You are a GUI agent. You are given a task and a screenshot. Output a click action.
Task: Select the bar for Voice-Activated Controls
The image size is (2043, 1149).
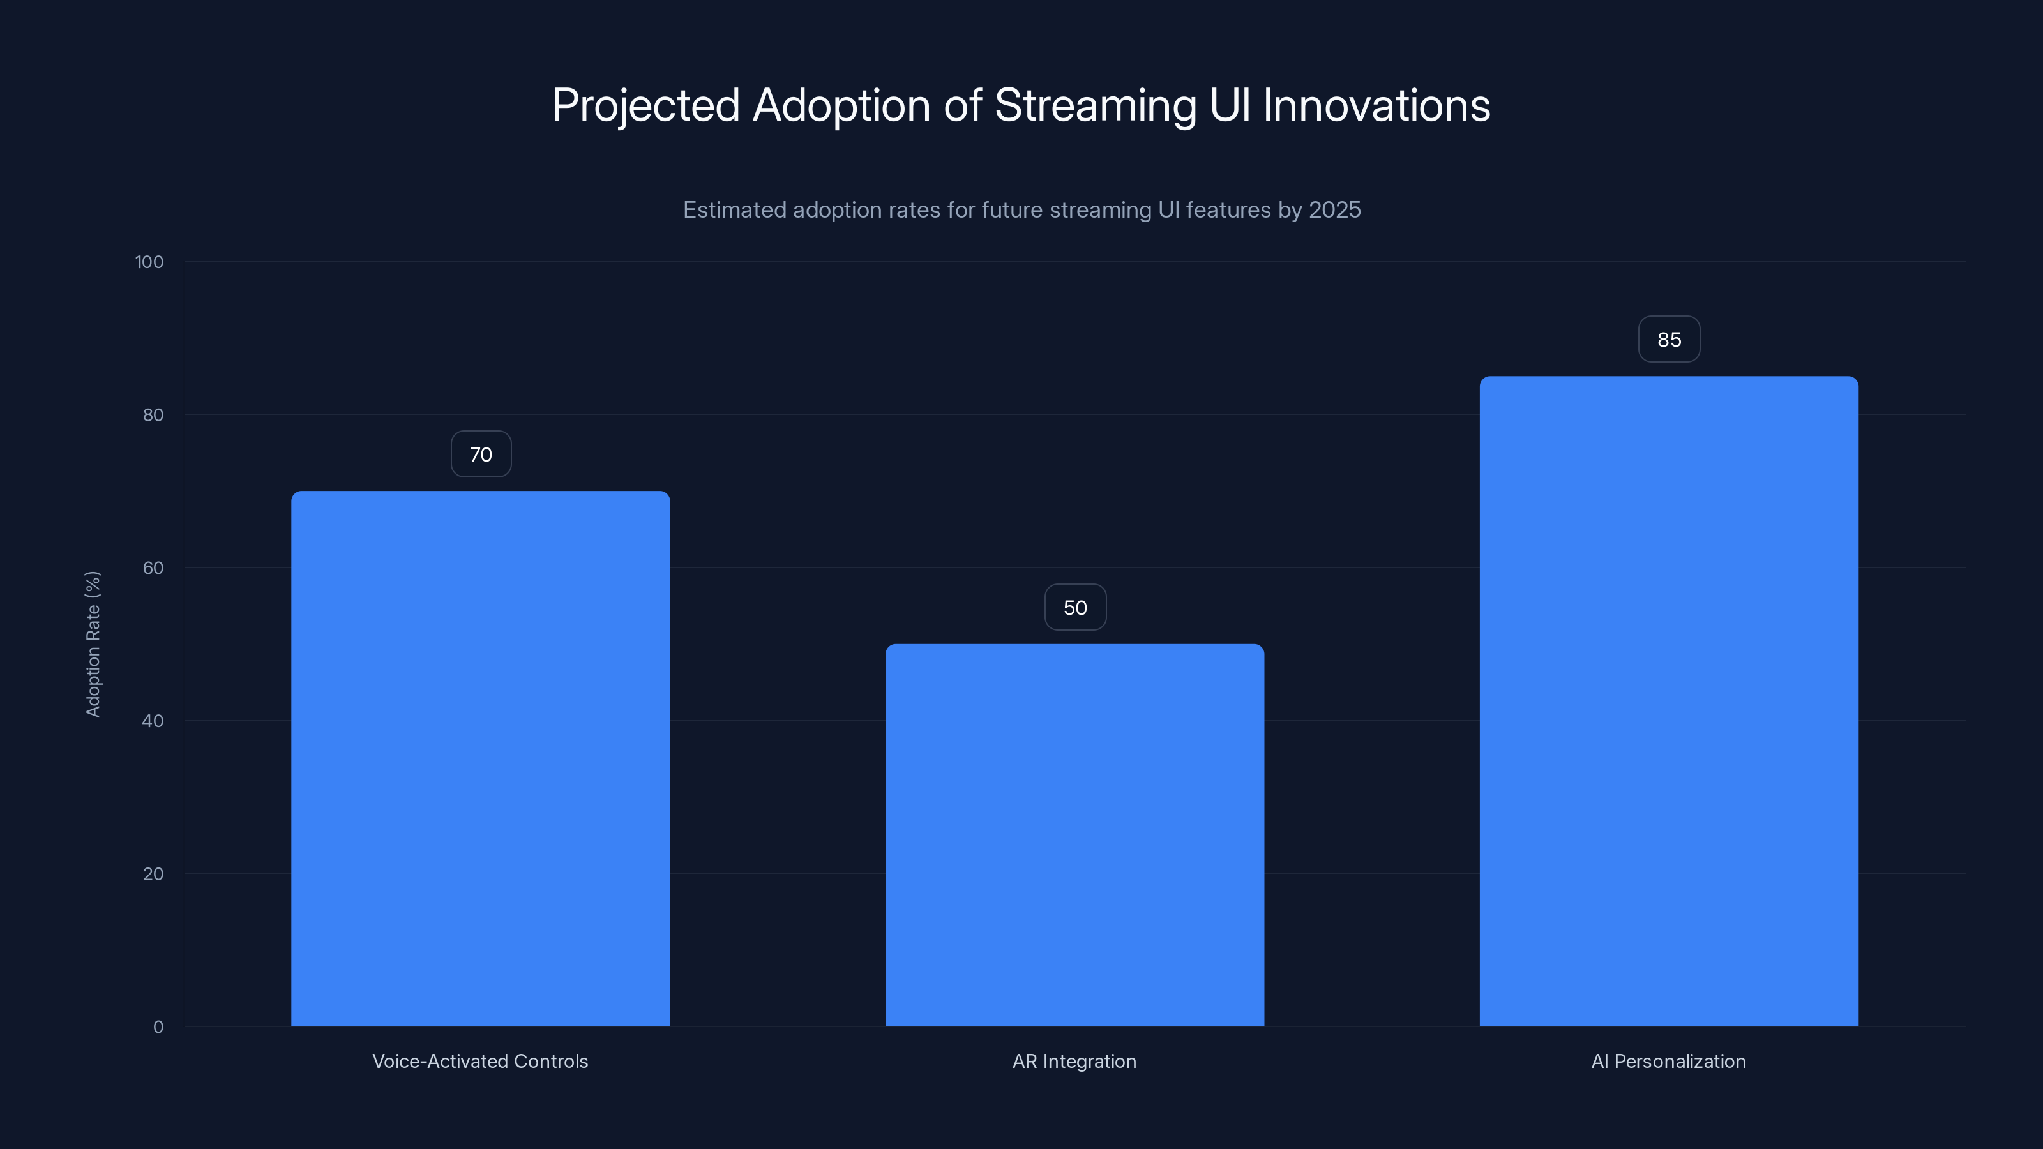[480, 758]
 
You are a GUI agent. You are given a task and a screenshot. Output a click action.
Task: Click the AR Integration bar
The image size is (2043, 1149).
[1074, 834]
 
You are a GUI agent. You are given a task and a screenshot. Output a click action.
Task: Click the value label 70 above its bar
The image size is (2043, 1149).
[481, 454]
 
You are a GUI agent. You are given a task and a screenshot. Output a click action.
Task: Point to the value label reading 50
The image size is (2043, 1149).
[1074, 608]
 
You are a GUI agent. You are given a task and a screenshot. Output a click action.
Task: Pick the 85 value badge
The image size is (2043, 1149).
[1669, 340]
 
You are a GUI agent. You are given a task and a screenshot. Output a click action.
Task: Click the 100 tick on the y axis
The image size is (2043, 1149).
[149, 262]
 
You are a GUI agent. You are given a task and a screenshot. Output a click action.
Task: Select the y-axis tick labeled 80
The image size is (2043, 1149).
[153, 416]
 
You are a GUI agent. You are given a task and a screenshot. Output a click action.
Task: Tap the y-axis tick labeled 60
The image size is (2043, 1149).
[153, 567]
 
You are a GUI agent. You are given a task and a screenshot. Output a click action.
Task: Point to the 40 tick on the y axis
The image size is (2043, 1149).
[153, 721]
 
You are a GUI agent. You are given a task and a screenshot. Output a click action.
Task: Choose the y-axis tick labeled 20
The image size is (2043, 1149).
[153, 874]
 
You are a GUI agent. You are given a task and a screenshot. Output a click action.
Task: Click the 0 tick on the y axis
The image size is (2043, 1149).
[158, 1027]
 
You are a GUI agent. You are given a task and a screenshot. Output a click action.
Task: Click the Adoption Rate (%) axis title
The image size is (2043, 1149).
[93, 644]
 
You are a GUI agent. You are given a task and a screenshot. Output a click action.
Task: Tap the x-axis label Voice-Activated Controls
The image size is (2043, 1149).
[480, 1061]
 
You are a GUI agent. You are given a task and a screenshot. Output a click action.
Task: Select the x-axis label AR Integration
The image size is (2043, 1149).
[1074, 1061]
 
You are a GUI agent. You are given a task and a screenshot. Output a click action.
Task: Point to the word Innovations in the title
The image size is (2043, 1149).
[1376, 105]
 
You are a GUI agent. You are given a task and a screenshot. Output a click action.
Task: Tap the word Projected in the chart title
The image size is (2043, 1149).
[645, 106]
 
